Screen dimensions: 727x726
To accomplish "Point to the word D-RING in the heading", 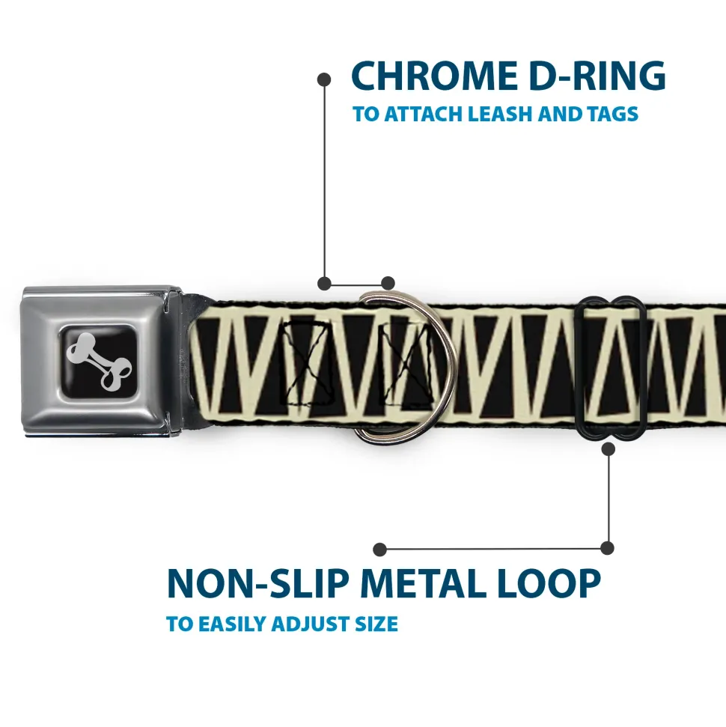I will pos(593,76).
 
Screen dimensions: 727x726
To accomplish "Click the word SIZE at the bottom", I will pos(379,624).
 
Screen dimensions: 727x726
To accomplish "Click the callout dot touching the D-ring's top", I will pos(388,283).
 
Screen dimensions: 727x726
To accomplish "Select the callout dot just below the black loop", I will pos(608,449).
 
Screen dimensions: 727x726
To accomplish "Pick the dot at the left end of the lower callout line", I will pos(380,550).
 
